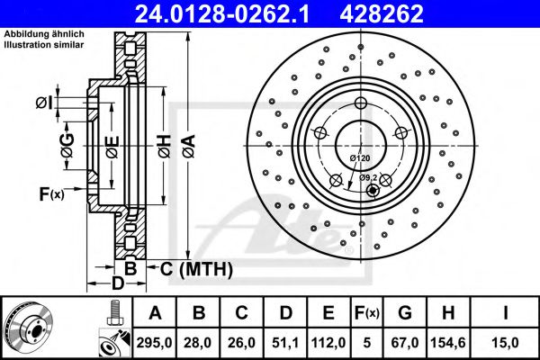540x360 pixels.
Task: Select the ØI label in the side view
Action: [x=44, y=103]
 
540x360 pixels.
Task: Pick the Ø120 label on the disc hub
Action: [x=360, y=158]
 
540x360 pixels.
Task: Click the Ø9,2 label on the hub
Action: [x=368, y=177]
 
